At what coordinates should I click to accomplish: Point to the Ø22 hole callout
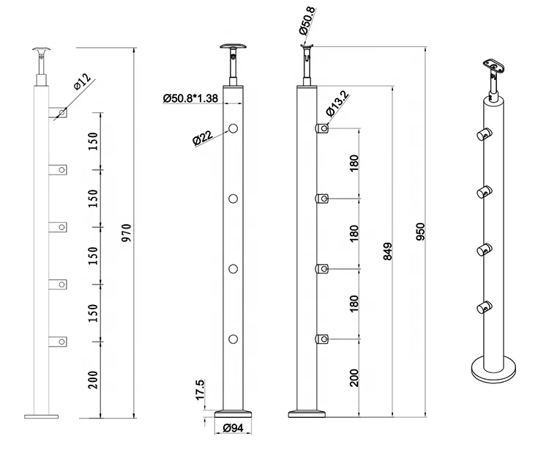click(203, 138)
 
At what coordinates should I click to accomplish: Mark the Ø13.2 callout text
click(337, 106)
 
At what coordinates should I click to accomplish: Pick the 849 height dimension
click(388, 252)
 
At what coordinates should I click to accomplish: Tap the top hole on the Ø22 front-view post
click(234, 129)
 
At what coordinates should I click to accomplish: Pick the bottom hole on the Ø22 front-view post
click(234, 339)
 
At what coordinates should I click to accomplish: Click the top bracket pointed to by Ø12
click(58, 113)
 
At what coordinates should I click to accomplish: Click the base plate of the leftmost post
click(41, 416)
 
